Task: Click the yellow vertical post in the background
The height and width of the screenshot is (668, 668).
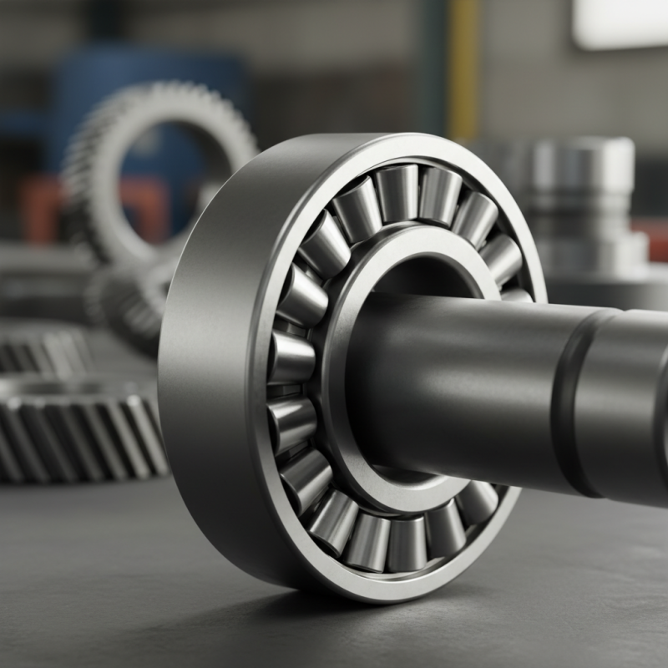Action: pyautogui.click(x=462, y=67)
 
